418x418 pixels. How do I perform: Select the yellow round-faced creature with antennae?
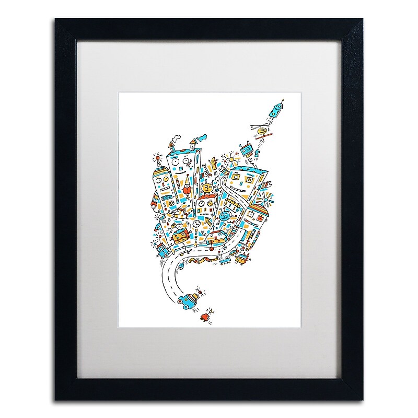[207, 188]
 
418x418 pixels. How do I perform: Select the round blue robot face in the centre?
[224, 216]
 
